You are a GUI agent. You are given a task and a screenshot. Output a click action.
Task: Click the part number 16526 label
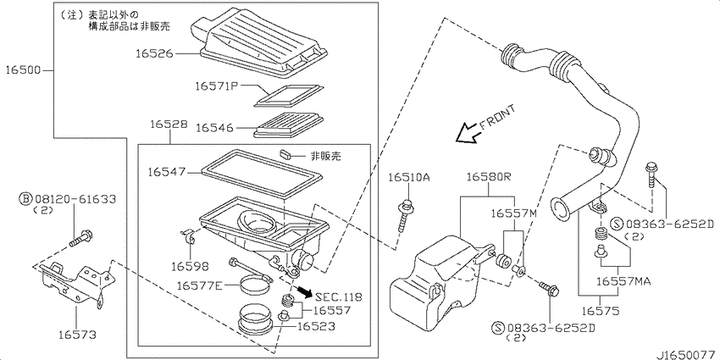tap(155, 53)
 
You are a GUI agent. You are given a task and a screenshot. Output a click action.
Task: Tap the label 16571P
tap(217, 86)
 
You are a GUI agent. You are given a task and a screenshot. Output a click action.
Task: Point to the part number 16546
tap(215, 127)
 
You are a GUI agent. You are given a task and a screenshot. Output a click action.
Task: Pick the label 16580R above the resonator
tap(489, 177)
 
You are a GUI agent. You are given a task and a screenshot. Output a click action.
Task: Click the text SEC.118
tap(338, 297)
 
